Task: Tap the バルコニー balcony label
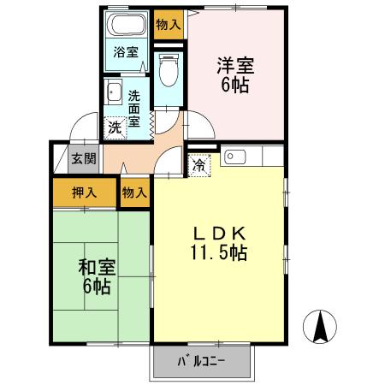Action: (x=203, y=361)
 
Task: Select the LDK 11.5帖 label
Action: (x=218, y=244)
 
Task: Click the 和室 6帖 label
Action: (x=97, y=275)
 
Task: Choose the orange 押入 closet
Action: (x=83, y=192)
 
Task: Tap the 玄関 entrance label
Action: (x=84, y=158)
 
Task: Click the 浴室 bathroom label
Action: (x=127, y=52)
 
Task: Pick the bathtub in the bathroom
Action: (x=128, y=27)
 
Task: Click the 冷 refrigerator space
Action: (x=198, y=163)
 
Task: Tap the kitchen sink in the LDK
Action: (x=235, y=157)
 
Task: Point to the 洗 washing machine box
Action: (x=115, y=127)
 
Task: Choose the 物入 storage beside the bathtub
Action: (x=169, y=25)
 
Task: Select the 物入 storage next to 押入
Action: (x=134, y=192)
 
